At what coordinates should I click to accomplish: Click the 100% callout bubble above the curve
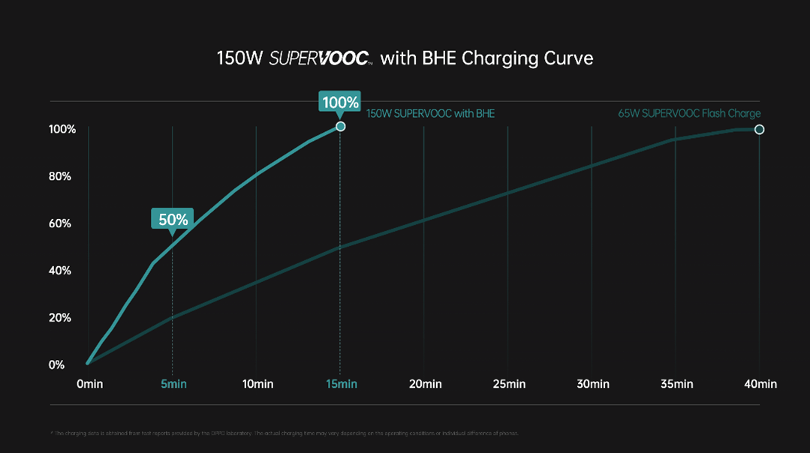pos(340,101)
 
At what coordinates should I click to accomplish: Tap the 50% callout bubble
pos(173,219)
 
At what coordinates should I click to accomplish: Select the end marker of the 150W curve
pos(340,127)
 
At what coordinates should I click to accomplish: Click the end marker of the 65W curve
pos(759,130)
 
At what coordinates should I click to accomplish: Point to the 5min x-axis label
pos(173,384)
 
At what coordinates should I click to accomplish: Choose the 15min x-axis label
pos(342,384)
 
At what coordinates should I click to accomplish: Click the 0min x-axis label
pos(89,384)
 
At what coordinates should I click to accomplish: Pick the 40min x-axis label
pos(760,384)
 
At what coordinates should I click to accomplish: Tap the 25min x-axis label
pos(509,384)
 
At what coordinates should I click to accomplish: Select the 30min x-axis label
pos(593,384)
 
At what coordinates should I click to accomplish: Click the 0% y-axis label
pos(57,365)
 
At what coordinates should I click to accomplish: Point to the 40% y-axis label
pos(60,271)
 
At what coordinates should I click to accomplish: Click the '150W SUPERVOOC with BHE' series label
pos(430,114)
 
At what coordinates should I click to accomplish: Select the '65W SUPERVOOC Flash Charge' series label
pos(689,114)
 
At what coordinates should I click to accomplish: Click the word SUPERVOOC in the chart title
pos(318,58)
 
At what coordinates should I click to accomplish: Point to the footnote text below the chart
pos(286,433)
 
